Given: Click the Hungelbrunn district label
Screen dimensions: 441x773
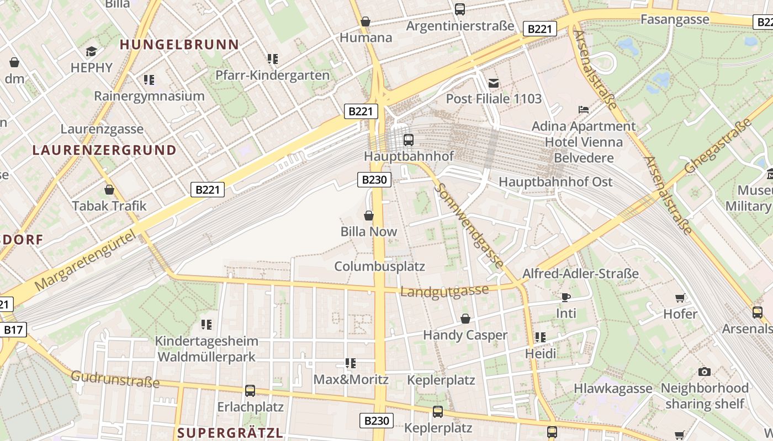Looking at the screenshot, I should coord(179,45).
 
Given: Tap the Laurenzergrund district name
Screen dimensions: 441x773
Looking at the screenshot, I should coord(104,150).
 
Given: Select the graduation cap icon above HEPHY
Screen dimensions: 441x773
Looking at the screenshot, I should coord(91,52).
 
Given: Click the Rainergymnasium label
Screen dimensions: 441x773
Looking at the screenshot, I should coord(149,96).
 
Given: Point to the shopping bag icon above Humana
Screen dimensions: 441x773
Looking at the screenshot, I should coord(365,21).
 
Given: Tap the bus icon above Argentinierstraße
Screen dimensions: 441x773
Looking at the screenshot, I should coord(460,9).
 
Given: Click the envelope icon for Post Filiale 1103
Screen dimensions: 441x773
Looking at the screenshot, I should coord(494,83).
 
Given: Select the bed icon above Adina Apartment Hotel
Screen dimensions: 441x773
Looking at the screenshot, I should coord(584,110).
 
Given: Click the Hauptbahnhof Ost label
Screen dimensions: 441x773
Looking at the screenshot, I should coord(555,182).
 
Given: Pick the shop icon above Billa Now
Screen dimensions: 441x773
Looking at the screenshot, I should coord(369,216).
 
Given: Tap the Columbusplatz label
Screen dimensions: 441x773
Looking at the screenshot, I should coord(380,267).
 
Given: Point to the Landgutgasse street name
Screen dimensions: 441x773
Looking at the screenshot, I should coord(444,291).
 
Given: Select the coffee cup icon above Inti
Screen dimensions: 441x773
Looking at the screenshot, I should coord(566,298).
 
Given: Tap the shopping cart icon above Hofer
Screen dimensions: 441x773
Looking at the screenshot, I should coord(680,298).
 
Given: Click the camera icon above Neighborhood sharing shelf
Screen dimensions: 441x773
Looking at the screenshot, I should coord(705,372).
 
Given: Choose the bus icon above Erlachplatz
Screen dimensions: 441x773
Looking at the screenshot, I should coord(250,391).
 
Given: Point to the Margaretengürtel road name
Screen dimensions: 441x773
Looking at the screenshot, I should coord(85,261).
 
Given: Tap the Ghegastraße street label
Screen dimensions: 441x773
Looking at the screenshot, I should coord(718,146).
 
